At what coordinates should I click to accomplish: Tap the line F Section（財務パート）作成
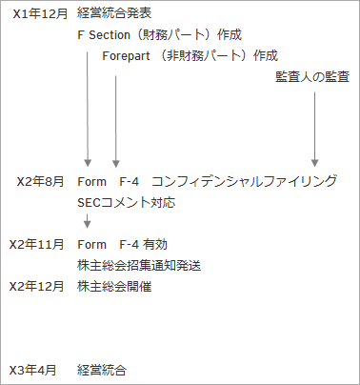click(x=159, y=35)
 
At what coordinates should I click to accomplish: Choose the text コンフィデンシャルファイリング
click(x=245, y=180)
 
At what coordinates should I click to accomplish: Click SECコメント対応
click(x=127, y=202)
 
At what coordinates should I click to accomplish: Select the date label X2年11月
click(x=36, y=245)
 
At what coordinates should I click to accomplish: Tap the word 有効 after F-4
click(x=156, y=245)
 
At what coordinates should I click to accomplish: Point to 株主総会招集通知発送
click(x=138, y=265)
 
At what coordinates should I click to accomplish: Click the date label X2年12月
click(x=36, y=286)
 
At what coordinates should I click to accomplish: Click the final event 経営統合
click(x=102, y=369)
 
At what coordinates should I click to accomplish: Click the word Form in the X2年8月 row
click(x=92, y=180)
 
